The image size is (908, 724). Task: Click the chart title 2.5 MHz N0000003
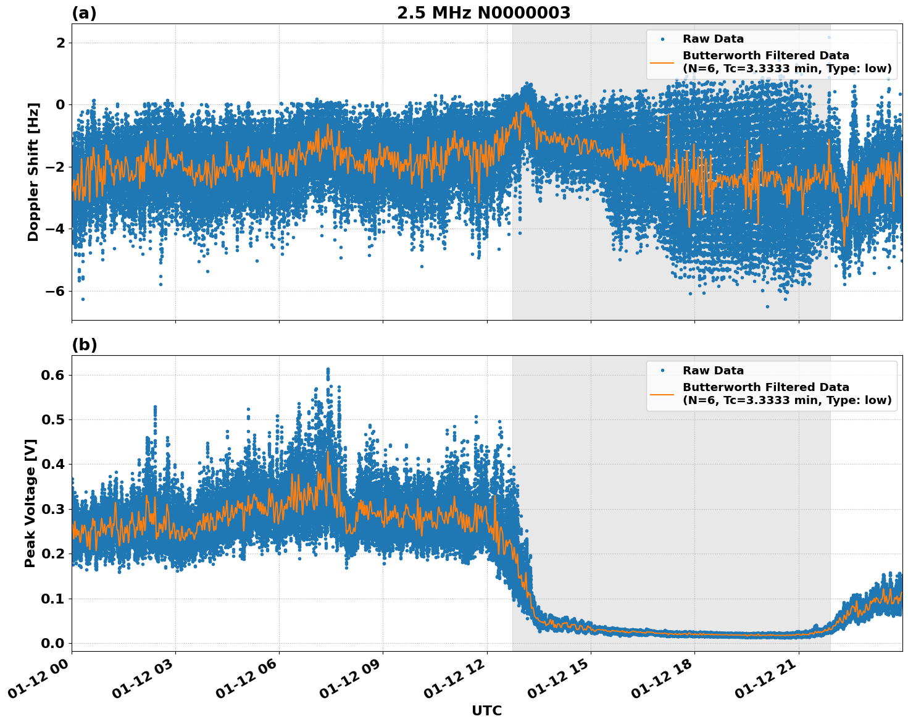coord(483,13)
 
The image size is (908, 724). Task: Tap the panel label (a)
coord(84,13)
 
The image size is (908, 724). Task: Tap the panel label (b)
coord(84,345)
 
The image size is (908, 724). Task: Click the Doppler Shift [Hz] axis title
coord(33,172)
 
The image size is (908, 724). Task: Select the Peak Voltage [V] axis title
coord(30,503)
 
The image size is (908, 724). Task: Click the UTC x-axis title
coord(486,710)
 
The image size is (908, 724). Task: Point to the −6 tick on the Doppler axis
coord(55,291)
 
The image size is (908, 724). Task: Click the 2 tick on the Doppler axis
coord(60,43)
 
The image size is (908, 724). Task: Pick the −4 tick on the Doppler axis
coord(55,229)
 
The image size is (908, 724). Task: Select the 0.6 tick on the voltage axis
coord(52,375)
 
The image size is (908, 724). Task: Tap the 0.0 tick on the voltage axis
coord(52,643)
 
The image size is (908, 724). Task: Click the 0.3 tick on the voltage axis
coord(52,509)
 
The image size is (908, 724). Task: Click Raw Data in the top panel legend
coord(713,39)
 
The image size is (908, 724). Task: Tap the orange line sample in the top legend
coord(662,62)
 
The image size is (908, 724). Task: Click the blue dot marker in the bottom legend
coord(662,371)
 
